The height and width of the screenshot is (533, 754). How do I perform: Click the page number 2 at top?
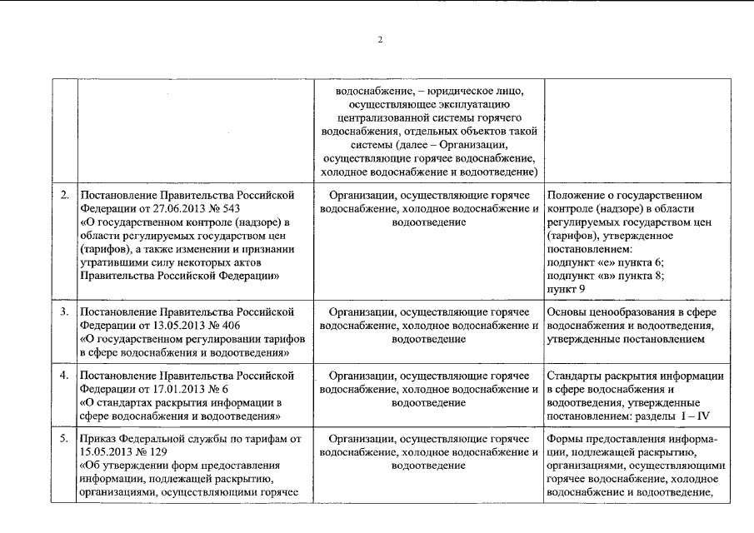tap(379, 39)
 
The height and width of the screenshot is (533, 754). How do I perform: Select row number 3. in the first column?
tap(64, 312)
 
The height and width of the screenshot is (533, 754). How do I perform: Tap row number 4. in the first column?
tap(64, 376)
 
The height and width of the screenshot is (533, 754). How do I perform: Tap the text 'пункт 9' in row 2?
tap(566, 289)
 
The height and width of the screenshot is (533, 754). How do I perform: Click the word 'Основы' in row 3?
tap(567, 312)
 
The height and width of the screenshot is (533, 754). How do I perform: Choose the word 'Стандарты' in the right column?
tap(575, 376)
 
